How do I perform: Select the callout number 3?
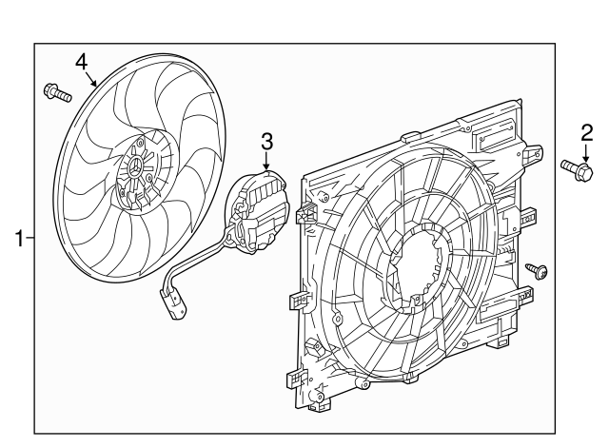(267, 141)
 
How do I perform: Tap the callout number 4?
(83, 60)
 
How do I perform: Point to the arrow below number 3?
(267, 162)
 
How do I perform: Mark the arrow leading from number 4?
(92, 79)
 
